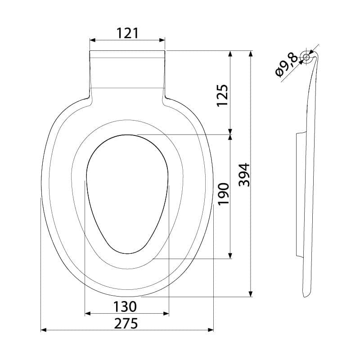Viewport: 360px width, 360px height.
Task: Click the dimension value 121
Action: (x=127, y=33)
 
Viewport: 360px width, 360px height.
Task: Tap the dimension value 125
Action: (x=222, y=95)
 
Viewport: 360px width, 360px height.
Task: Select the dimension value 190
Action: (x=223, y=194)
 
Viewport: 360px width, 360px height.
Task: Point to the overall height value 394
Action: (x=244, y=175)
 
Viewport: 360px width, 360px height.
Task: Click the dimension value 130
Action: (x=125, y=306)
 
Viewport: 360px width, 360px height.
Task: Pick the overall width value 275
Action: (x=126, y=323)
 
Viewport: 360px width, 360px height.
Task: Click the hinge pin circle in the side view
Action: (x=306, y=57)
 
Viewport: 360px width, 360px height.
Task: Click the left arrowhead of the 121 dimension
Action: (x=92, y=40)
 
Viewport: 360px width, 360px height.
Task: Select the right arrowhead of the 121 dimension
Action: (x=162, y=40)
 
